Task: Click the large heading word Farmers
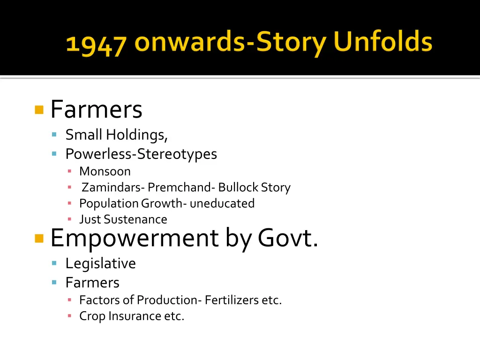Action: [x=96, y=110]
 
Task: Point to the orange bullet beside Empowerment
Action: [x=39, y=239]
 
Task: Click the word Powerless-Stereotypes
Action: [x=141, y=154]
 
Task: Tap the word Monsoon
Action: [x=105, y=172]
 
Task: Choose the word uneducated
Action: [x=222, y=203]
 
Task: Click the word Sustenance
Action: [x=135, y=219]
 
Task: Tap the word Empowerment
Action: [x=134, y=238]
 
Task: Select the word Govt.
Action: [x=288, y=238]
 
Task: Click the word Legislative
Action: [x=100, y=263]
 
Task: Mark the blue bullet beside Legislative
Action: [x=54, y=263]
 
